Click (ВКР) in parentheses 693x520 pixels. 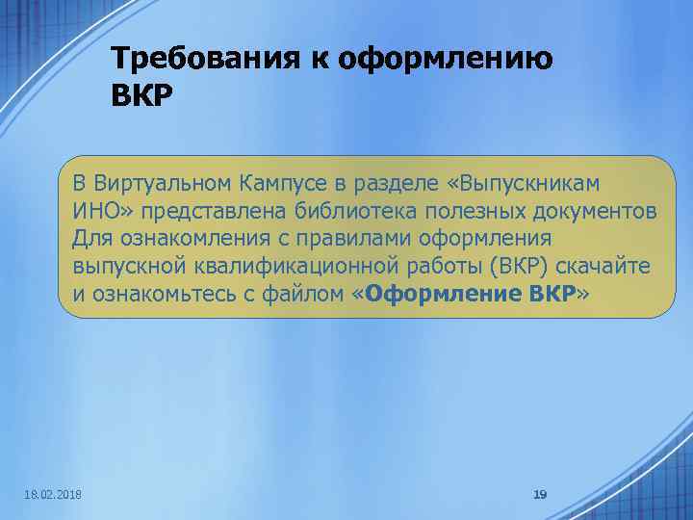tap(515, 266)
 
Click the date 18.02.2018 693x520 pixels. tap(52, 494)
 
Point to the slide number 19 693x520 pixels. tap(540, 494)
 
